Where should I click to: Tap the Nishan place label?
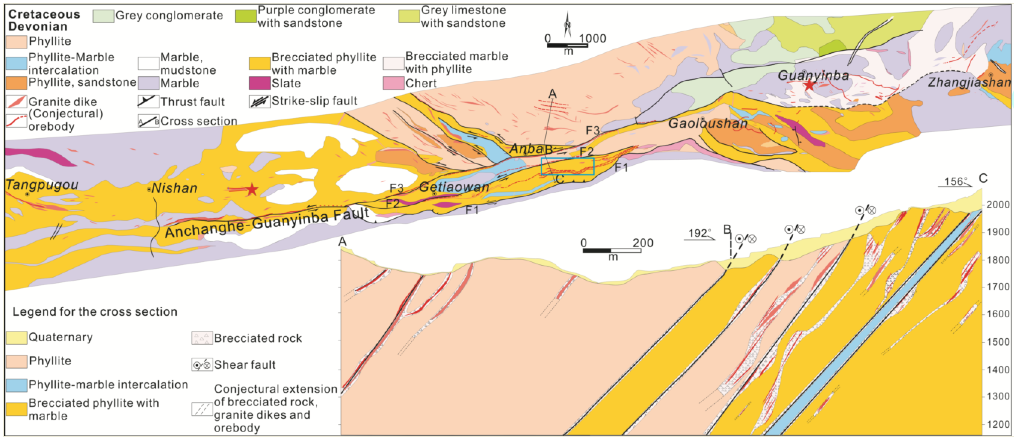(174, 188)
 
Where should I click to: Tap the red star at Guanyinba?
(809, 85)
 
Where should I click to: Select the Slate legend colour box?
(259, 83)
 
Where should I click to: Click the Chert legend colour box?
(393, 83)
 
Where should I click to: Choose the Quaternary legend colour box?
(17, 337)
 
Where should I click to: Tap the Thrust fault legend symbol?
(148, 102)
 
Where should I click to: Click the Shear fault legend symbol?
(202, 365)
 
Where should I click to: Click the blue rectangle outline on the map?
(567, 166)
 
